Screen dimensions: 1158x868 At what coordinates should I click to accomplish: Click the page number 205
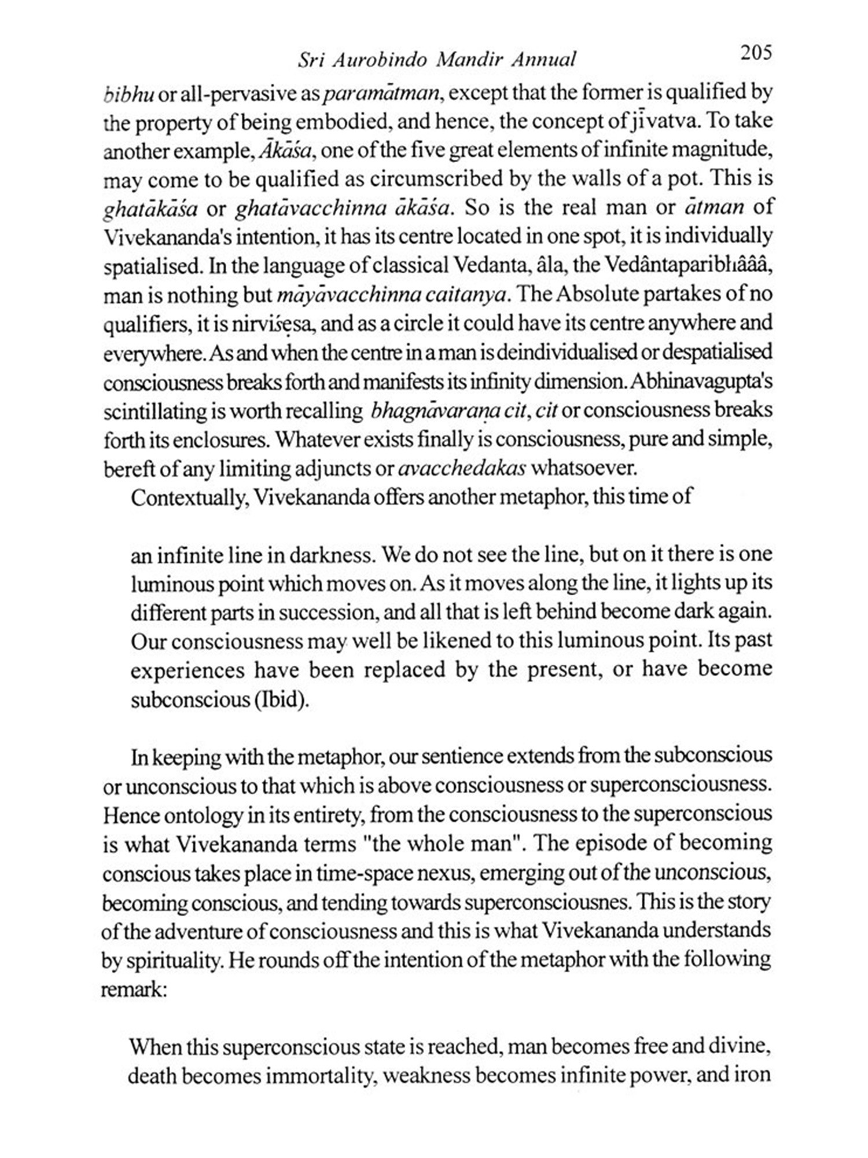point(755,53)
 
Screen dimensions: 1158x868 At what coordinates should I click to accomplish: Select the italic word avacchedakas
point(462,468)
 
